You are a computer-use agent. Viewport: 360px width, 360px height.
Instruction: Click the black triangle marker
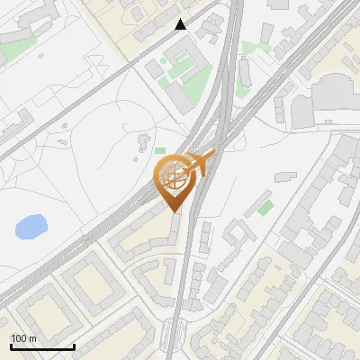[181, 25]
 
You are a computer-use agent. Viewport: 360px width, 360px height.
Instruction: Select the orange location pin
[175, 180]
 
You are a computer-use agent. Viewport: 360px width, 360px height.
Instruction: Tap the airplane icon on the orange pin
[199, 164]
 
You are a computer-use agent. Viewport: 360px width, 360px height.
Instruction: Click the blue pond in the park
[31, 227]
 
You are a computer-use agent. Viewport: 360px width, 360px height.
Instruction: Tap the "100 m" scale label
[23, 338]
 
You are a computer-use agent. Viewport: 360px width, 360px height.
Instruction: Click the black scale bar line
[42, 346]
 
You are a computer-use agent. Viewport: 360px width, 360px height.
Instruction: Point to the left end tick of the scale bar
[11, 345]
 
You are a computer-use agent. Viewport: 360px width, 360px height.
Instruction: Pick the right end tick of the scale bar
[74, 345]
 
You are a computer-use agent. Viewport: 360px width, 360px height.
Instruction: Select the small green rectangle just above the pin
[160, 150]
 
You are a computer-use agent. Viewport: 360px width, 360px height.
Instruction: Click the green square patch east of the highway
[265, 208]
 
